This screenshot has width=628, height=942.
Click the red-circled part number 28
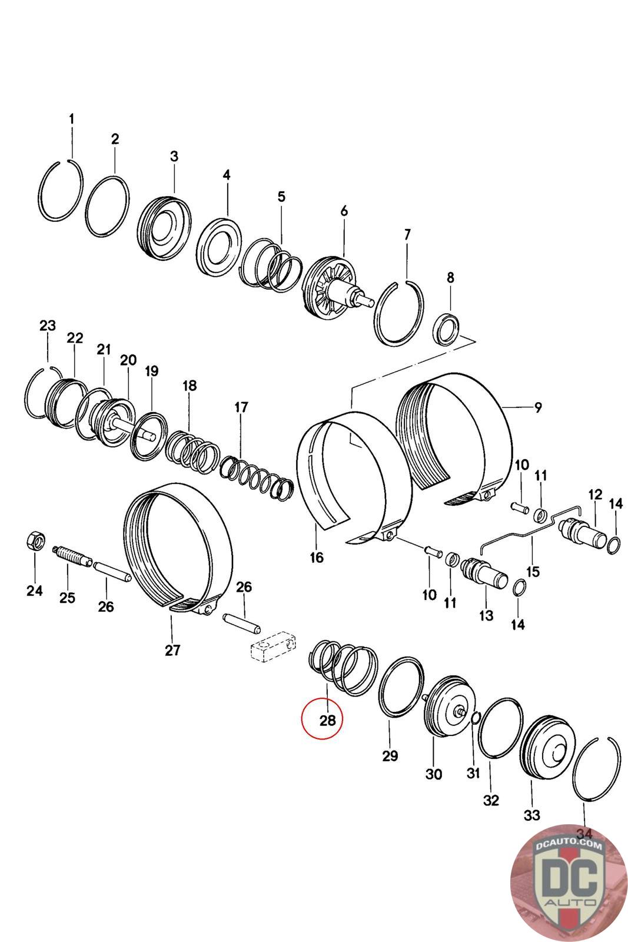(x=327, y=721)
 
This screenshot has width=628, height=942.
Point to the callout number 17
(x=241, y=407)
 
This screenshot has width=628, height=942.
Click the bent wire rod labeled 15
(x=530, y=529)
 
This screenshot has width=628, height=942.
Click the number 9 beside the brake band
(x=538, y=407)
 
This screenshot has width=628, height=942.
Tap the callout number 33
(x=531, y=815)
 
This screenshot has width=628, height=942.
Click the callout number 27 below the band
(x=172, y=650)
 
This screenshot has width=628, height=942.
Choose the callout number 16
(x=317, y=558)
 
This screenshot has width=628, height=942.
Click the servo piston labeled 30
(x=445, y=708)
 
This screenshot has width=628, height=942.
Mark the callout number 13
(x=486, y=616)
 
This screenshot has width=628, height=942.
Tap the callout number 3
(x=174, y=156)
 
